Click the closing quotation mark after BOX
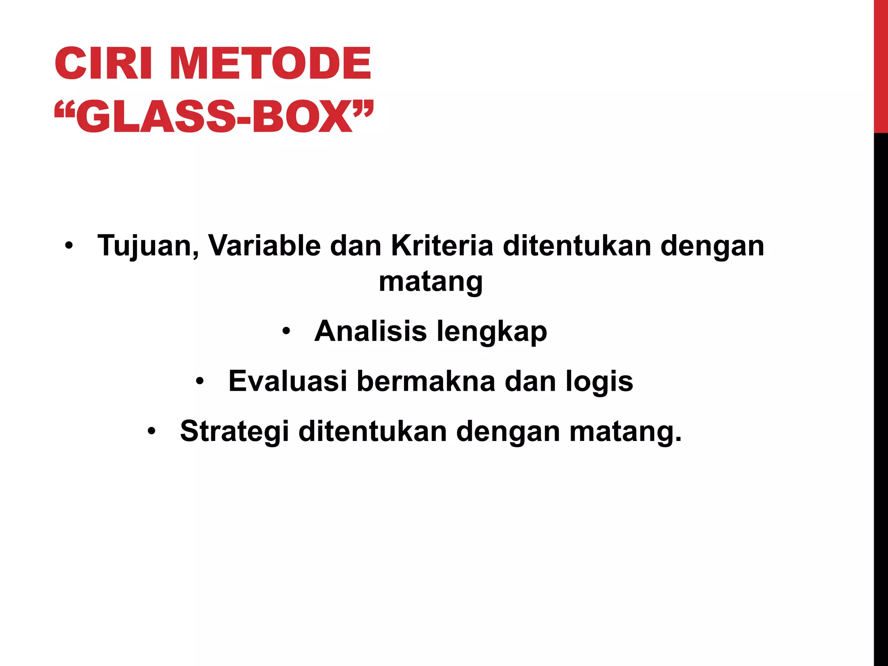click(363, 108)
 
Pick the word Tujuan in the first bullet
click(148, 246)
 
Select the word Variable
click(264, 246)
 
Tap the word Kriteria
click(442, 246)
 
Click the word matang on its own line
click(431, 282)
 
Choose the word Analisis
click(371, 332)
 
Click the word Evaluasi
click(287, 382)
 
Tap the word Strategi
click(234, 432)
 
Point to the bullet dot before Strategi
click(151, 432)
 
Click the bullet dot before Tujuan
click(69, 246)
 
